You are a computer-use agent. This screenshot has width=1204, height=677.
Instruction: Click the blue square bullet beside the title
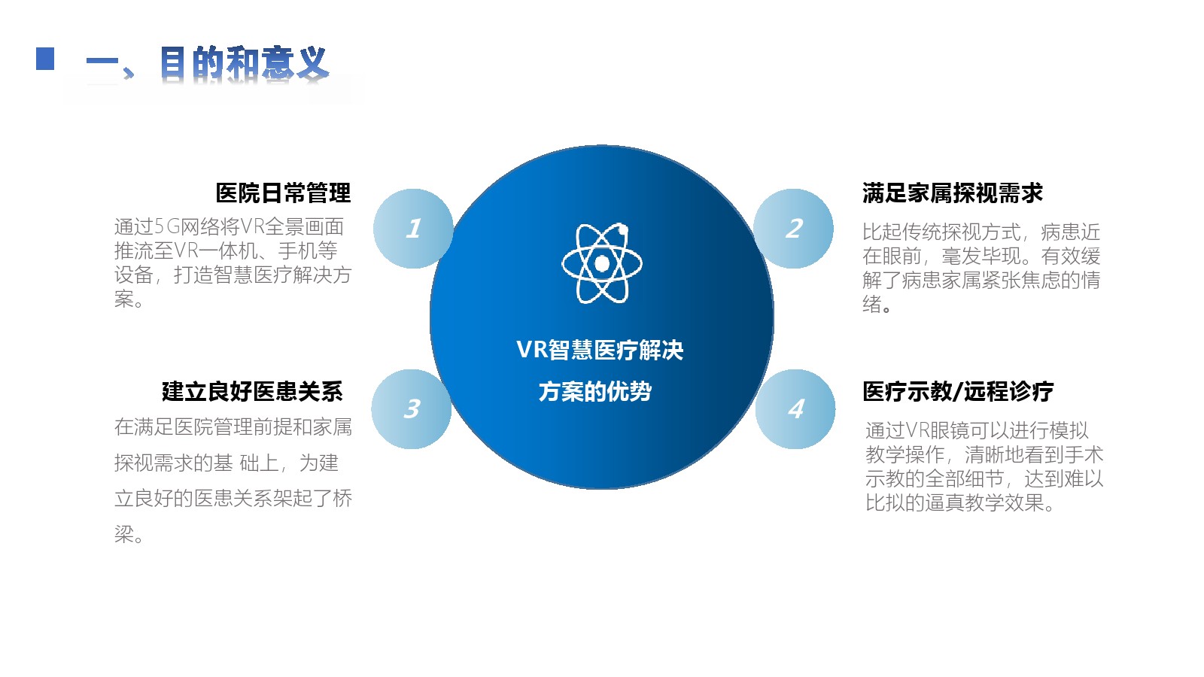point(45,59)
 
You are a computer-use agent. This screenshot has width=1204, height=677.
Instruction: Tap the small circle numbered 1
point(413,229)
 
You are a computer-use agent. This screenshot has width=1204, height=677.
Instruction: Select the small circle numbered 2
point(793,229)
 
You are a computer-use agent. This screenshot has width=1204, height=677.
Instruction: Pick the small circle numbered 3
point(411,409)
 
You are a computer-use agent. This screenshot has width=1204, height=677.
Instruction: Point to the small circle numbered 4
point(795,409)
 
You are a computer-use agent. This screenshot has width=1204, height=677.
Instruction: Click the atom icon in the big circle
point(602,263)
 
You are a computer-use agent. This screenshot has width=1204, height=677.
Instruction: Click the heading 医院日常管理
point(283,193)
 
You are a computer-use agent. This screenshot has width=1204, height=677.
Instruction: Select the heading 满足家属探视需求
point(953,193)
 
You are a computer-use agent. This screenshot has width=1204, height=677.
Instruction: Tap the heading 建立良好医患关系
point(252,391)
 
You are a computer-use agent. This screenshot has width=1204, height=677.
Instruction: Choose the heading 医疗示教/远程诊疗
point(959,391)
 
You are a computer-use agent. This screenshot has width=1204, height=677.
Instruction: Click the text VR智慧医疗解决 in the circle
point(600,350)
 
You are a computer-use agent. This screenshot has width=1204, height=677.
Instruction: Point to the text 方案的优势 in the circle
point(595,391)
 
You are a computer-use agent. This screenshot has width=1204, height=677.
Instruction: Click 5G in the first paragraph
point(166,226)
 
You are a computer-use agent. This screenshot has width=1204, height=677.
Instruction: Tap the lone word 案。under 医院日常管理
point(129,299)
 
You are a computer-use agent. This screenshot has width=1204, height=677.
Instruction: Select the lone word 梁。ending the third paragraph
point(129,534)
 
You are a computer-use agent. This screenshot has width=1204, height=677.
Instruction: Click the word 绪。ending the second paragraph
point(877,304)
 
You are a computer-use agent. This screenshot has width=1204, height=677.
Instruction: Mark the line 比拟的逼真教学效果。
point(960,502)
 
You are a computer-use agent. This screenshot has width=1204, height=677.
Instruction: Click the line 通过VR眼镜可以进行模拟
point(977,430)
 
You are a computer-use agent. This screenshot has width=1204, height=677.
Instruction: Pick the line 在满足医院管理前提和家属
point(233,427)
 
